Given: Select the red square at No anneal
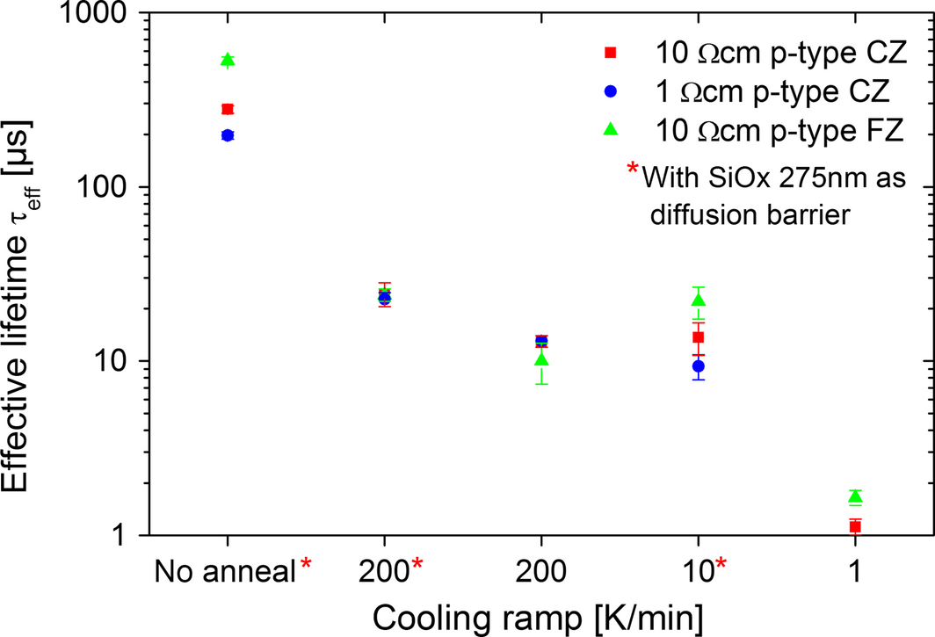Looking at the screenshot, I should click(x=228, y=109).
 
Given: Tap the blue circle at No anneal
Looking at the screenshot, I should click(x=228, y=135).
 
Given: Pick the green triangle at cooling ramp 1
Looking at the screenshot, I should click(x=855, y=497).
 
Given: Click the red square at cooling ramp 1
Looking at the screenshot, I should click(x=855, y=526).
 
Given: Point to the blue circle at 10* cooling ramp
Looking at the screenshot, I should click(x=699, y=366).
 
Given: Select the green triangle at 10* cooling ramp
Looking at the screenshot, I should click(x=699, y=300).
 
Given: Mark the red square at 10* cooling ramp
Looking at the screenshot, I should click(x=699, y=337).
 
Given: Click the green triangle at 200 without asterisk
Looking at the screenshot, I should click(x=542, y=359).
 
